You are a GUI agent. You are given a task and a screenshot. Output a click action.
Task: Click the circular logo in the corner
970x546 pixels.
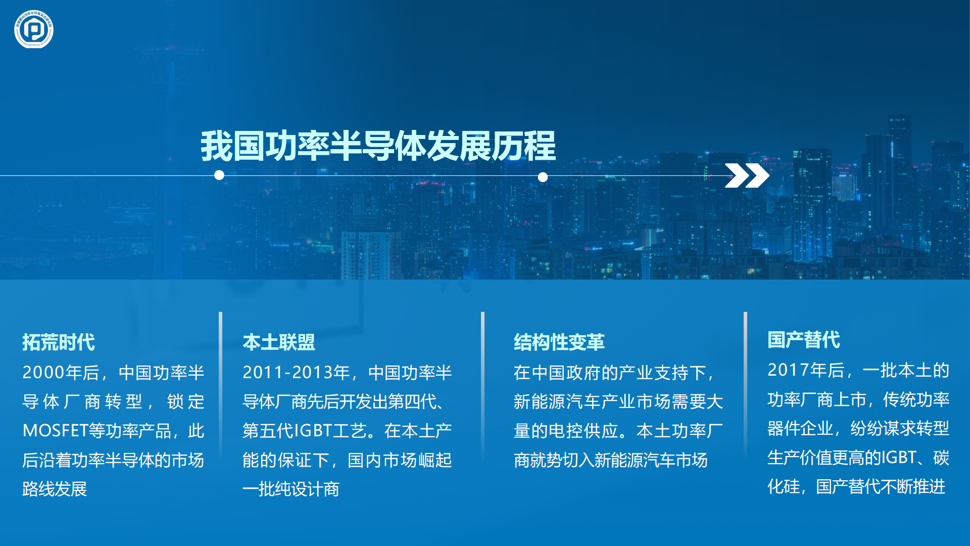34,29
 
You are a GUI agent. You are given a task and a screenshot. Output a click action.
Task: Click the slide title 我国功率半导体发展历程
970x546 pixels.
378,146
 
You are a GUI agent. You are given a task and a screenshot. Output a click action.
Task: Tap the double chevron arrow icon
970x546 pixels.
747,176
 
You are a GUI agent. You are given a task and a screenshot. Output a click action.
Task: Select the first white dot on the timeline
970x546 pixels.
219,175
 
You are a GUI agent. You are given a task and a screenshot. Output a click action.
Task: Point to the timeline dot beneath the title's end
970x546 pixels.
543,177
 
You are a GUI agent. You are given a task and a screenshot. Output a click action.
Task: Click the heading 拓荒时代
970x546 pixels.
59,342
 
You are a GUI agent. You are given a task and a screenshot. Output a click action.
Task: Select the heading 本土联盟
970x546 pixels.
279,342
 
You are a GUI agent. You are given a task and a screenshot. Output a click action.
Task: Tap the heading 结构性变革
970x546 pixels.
559,342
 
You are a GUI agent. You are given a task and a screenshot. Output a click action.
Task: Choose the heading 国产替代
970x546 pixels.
804,340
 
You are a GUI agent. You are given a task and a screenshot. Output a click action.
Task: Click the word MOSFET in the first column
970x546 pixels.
56,431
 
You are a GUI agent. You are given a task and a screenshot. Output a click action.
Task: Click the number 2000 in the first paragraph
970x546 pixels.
43,373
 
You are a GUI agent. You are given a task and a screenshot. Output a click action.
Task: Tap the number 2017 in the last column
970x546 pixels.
789,370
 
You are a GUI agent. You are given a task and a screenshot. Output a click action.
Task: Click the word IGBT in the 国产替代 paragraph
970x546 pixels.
899,458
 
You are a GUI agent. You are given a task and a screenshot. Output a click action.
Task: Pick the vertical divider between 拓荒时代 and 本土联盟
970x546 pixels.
220,387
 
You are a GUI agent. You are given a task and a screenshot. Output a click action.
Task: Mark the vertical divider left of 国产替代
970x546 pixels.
745,387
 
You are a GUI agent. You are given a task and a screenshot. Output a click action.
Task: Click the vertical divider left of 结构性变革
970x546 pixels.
482,387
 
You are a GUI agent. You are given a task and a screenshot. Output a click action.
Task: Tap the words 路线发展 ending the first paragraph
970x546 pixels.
55,489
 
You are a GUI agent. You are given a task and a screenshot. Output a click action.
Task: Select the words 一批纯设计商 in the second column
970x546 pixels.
291,489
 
